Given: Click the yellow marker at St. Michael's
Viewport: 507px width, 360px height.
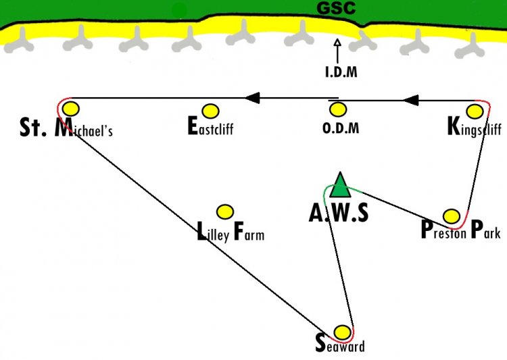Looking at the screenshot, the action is click(71, 109).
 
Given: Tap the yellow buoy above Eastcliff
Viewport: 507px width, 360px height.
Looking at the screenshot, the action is click(210, 111).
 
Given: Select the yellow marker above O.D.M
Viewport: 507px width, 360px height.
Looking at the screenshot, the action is click(338, 109).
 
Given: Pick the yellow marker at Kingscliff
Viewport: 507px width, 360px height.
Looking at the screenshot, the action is click(475, 111).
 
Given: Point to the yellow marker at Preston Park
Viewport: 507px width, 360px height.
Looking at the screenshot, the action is click(452, 216).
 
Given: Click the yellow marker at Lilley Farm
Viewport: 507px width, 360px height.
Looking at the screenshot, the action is click(225, 212).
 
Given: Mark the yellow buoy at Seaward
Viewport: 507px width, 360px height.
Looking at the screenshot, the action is click(342, 332).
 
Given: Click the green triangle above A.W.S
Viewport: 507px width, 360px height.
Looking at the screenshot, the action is click(340, 186).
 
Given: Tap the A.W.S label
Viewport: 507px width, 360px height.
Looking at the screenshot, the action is click(339, 213).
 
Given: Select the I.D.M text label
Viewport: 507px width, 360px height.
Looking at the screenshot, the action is click(341, 72).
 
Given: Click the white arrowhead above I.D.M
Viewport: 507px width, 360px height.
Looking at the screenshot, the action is click(337, 42).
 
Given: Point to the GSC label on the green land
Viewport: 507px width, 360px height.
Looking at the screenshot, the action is click(336, 8).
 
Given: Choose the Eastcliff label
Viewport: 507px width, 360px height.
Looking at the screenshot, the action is click(210, 127).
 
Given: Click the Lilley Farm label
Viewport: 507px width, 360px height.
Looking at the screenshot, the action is click(231, 232).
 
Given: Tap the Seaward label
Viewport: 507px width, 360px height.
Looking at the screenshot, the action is click(340, 344).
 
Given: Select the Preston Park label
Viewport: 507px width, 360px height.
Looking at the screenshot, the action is click(461, 230).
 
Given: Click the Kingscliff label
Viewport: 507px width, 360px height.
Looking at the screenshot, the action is click(475, 128).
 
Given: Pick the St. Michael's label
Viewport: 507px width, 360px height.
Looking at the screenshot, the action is click(66, 128).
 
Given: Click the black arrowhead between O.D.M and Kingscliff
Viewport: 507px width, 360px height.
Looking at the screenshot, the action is click(411, 101).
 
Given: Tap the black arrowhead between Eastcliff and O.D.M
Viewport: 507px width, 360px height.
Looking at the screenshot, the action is click(253, 98).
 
